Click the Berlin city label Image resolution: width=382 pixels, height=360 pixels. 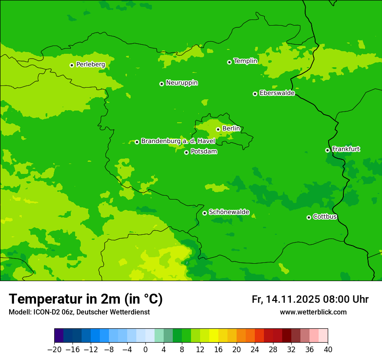coord(231,128)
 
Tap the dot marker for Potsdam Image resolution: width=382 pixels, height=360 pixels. coord(186,152)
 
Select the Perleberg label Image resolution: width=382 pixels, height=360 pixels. coord(90,65)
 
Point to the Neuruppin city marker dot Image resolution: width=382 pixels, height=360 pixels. coord(161,84)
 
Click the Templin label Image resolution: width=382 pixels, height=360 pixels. coord(245,61)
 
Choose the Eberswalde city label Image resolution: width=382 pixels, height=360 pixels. coord(277,93)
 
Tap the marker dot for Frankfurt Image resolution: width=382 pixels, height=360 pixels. coord(327,150)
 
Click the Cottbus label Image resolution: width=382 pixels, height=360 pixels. coord(325,217)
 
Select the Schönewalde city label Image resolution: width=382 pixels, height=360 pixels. coord(229,212)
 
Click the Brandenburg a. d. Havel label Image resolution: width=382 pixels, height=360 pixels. coord(178,141)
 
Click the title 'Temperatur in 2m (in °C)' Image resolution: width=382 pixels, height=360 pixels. coord(86,299)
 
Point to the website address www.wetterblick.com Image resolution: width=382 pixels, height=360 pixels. coord(313,312)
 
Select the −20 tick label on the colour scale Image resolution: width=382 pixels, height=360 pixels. coord(54,350)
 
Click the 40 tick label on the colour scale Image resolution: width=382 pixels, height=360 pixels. coord(328,350)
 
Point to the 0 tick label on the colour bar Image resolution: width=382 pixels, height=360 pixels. coord(145,350)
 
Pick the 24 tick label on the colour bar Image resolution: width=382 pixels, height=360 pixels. coord(255,350)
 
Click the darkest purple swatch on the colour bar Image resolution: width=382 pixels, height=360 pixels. coord(59,336)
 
